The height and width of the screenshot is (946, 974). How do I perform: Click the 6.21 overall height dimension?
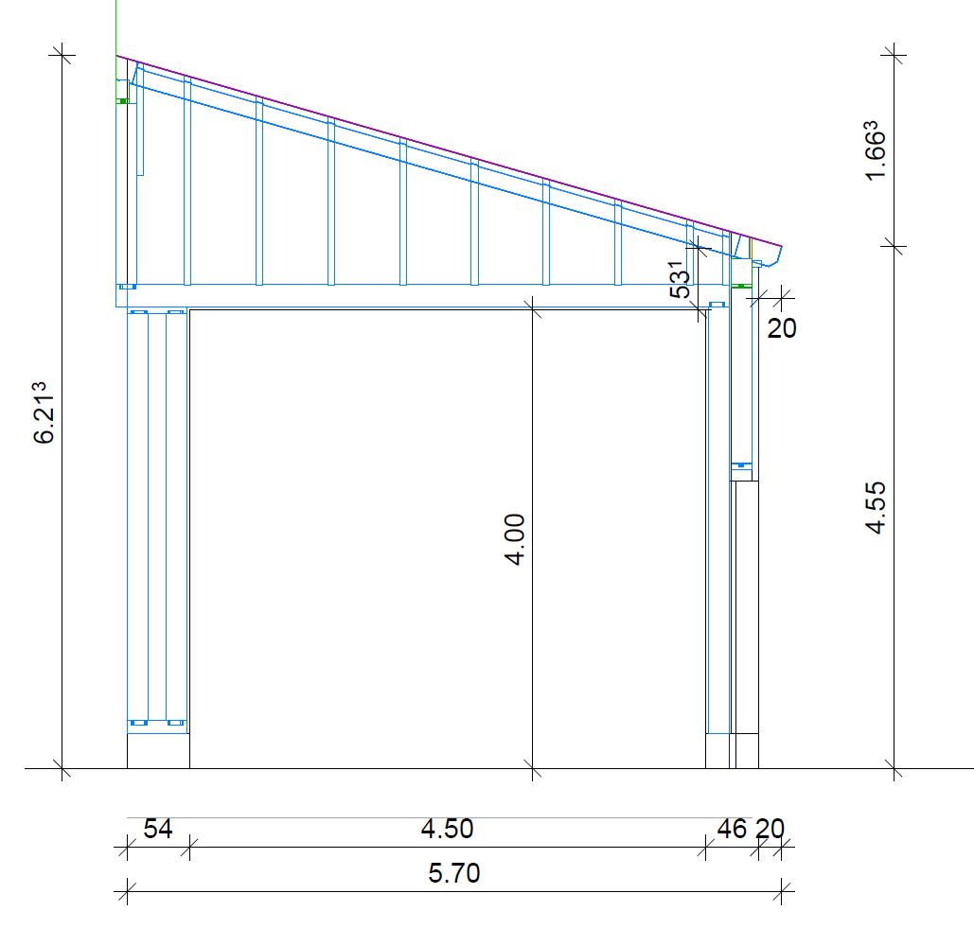point(44,412)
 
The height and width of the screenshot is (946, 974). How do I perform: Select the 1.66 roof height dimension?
point(875,150)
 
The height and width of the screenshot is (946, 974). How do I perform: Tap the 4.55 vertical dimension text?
point(876,507)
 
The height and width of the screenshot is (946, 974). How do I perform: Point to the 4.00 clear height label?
point(515,539)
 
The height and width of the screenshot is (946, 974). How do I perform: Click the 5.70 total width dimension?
point(454,873)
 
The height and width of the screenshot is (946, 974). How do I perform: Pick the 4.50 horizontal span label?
point(447,829)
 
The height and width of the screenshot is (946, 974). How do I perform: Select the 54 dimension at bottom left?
point(158,829)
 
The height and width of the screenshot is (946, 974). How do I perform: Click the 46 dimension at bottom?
point(732,829)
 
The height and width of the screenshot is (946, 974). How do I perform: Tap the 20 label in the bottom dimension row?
point(770,829)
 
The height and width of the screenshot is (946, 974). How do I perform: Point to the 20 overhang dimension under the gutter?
point(782,327)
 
